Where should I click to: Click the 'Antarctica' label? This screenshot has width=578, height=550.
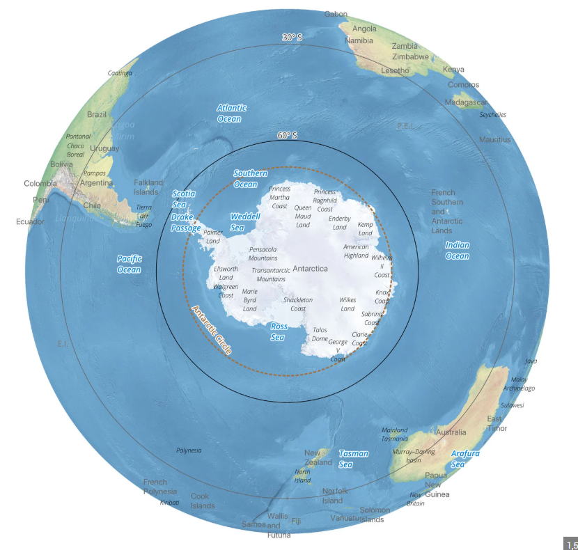310,268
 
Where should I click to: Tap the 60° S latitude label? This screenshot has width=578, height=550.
287,136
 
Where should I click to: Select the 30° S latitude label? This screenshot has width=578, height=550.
292,38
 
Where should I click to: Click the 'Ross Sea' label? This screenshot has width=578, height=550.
278,331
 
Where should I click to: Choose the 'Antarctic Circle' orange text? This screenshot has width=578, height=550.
211,330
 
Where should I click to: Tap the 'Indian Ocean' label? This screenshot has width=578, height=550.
458,251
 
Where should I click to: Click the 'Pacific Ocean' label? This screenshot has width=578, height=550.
129,264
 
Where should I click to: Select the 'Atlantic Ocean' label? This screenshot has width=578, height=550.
231,113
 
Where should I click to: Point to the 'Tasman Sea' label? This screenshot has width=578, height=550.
353,458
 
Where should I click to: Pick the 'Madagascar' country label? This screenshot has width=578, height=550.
466,102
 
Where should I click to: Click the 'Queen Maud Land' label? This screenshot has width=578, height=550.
303,216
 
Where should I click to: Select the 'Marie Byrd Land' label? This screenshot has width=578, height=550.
250,300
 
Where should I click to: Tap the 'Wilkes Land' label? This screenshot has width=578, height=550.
347,304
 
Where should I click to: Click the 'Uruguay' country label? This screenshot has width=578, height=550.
104,148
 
